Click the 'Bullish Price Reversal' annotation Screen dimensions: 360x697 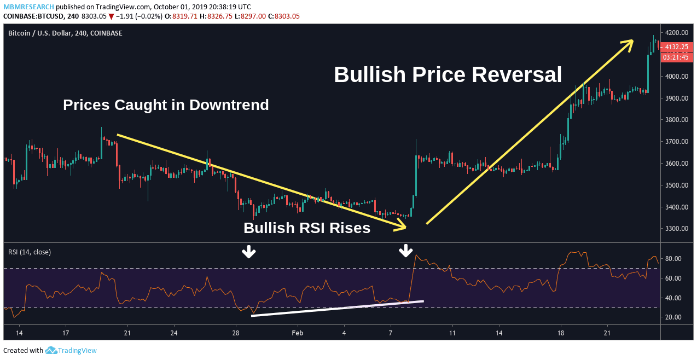pos(448,75)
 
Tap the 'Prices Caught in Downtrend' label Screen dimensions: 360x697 pos(166,104)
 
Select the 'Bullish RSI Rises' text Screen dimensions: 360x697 pos(307,228)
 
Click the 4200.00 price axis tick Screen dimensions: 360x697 pos(677,33)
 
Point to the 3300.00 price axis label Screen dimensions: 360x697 pos(677,229)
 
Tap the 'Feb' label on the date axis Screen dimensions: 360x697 pos(297,333)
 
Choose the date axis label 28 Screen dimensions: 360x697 pos(236,333)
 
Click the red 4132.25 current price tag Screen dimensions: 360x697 pos(677,47)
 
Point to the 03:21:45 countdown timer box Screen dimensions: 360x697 pos(677,57)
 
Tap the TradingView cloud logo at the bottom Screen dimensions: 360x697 pos(51,351)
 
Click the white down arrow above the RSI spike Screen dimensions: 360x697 pos(405,251)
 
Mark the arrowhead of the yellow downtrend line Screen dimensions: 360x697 pos(404,226)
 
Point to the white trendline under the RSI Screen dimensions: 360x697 pos(337,308)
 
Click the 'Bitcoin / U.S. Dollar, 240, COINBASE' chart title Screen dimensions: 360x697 pos(65,33)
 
